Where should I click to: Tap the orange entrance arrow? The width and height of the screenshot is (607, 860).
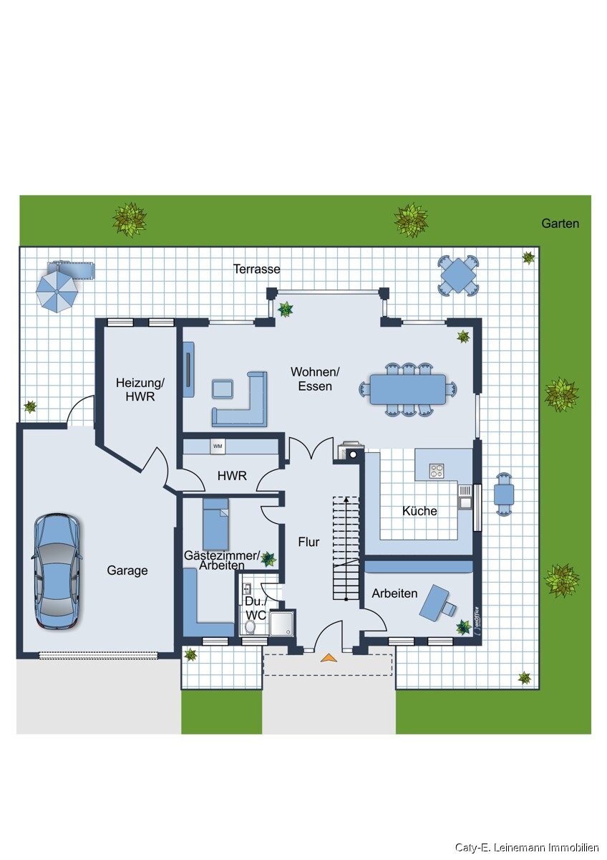click(329, 658)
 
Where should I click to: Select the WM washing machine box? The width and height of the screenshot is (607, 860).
click(218, 446)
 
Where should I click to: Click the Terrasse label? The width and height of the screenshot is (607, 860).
click(256, 269)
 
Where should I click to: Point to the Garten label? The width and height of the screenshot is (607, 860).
click(560, 223)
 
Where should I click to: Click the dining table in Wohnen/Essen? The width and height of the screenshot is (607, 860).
click(407, 389)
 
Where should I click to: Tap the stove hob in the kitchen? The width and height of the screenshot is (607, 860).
click(437, 471)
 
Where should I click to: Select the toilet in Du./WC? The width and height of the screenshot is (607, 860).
click(250, 627)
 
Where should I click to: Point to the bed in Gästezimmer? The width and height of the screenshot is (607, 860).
click(215, 524)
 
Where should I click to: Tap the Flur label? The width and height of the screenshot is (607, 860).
click(309, 542)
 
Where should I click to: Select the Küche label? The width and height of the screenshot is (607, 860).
click(419, 511)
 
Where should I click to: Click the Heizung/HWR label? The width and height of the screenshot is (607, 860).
click(140, 389)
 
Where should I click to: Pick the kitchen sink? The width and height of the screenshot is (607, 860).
click(465, 502)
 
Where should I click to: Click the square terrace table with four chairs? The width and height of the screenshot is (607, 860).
click(458, 275)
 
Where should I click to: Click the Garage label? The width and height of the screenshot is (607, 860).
click(127, 570)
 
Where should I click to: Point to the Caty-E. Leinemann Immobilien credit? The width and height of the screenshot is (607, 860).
click(527, 847)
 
